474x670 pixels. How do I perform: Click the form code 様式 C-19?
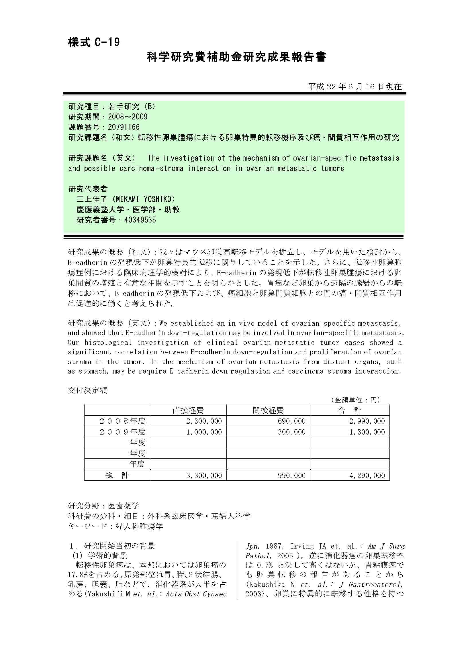pyautogui.click(x=94, y=43)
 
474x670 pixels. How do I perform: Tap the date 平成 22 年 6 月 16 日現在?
pyautogui.click(x=355, y=87)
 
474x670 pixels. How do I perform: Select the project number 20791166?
pyautogui.click(x=124, y=127)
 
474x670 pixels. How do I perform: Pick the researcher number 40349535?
pyautogui.click(x=140, y=220)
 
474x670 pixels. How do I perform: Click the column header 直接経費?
pyautogui.click(x=188, y=410)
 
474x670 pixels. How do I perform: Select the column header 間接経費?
pyautogui.click(x=268, y=410)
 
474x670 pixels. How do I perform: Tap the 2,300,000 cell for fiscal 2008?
pyautogui.click(x=204, y=421)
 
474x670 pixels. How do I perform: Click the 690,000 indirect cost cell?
pyautogui.click(x=291, y=421)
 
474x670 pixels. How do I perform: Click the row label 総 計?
pyautogui.click(x=117, y=476)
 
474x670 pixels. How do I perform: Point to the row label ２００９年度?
pyautogui.click(x=122, y=432)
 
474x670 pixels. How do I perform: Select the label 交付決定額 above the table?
pyautogui.click(x=87, y=390)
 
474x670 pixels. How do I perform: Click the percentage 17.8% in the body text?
pyautogui.click(x=78, y=575)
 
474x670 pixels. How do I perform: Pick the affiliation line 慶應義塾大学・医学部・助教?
pyautogui.click(x=128, y=209)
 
